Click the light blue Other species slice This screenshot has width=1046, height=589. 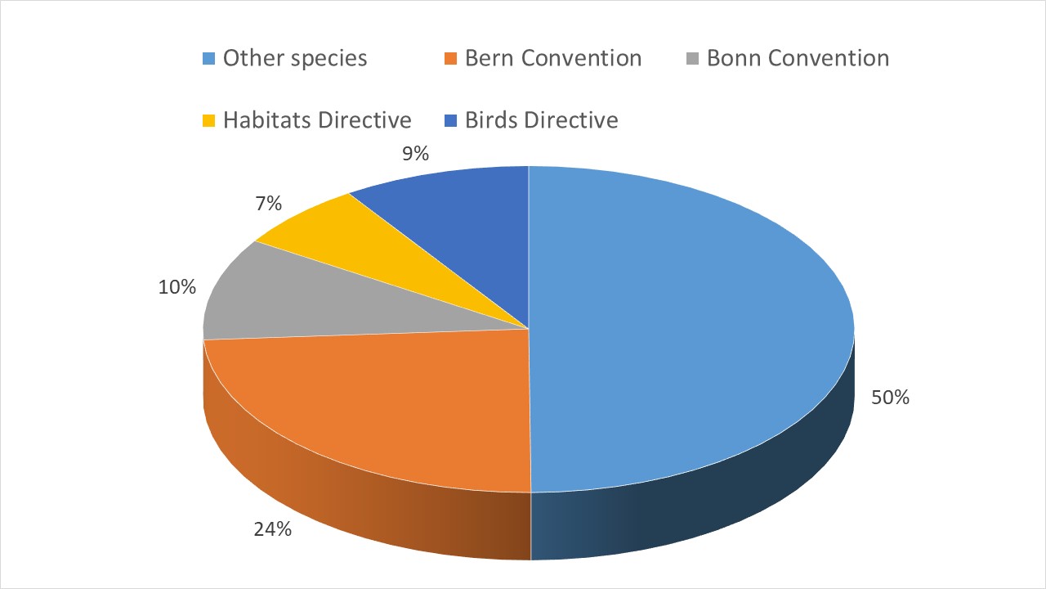tap(695, 327)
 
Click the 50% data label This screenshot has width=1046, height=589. tap(890, 398)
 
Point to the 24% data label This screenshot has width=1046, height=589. tap(272, 529)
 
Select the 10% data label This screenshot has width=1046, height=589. tap(177, 287)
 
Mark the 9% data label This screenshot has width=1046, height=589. tap(415, 153)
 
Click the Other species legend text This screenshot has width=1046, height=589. tap(295, 59)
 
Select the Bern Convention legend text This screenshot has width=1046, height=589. tap(553, 59)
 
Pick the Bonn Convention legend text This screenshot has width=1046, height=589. tap(798, 59)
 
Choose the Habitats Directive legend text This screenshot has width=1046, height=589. tap(317, 120)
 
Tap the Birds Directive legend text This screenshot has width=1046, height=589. tap(542, 120)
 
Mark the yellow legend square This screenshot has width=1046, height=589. tap(209, 121)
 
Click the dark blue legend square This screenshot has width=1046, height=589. tap(451, 121)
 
